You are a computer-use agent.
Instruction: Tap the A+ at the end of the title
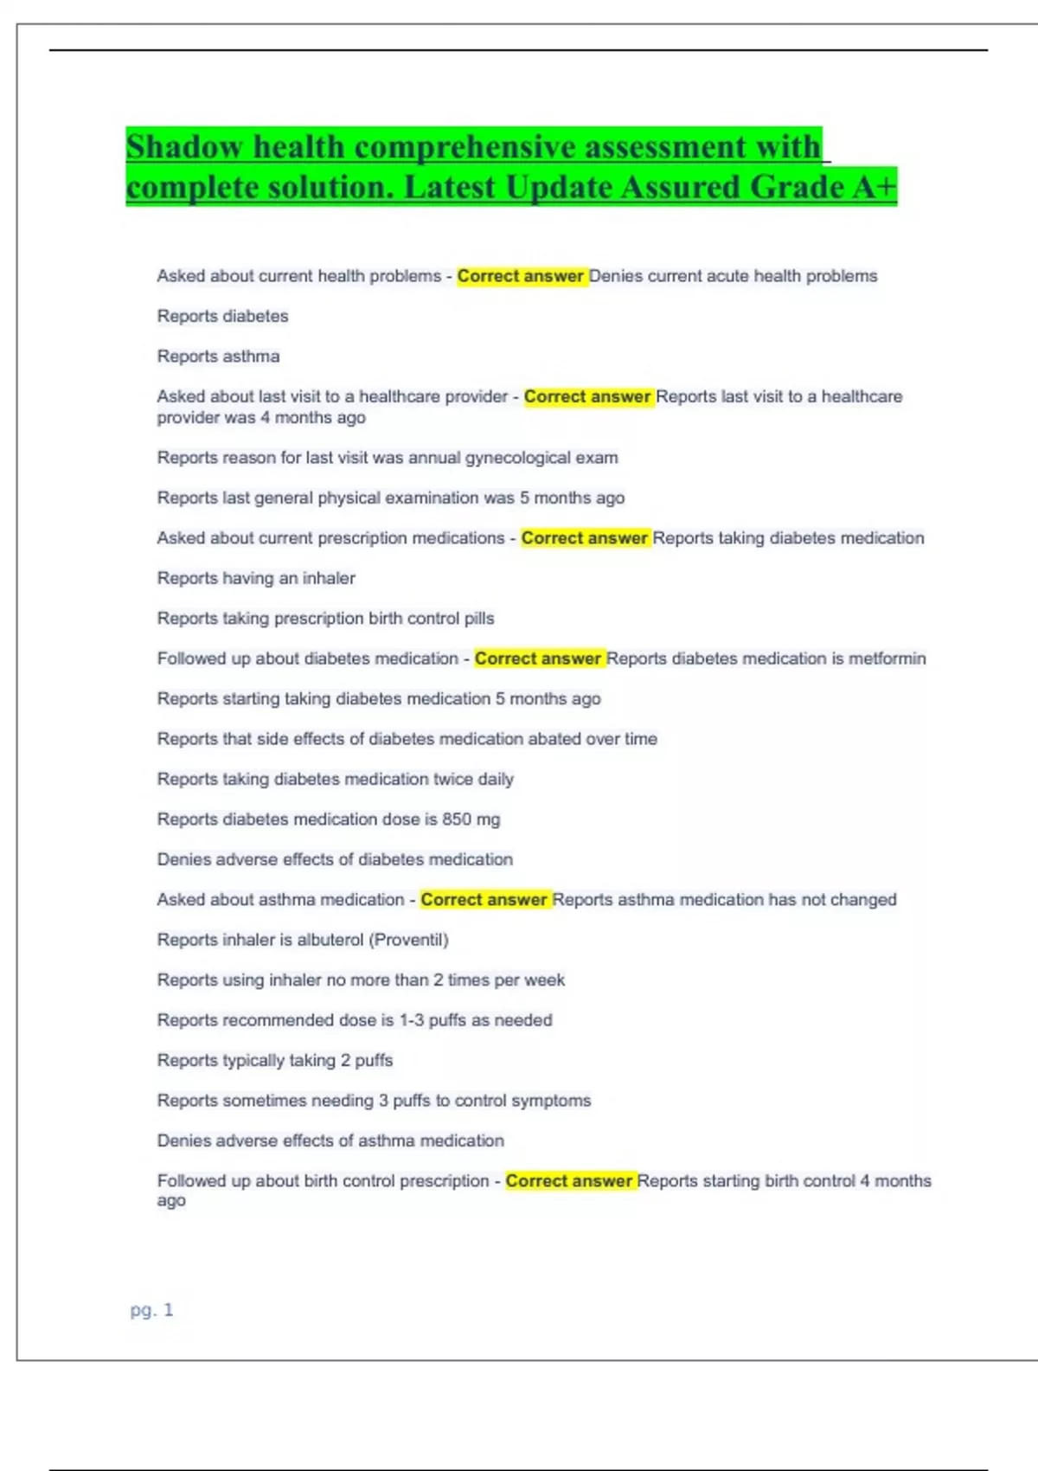(x=875, y=187)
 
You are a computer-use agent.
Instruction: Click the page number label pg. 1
(x=151, y=1310)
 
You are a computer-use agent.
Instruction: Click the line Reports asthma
(x=218, y=357)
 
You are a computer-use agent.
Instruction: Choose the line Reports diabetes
(x=222, y=317)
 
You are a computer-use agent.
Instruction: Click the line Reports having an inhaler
(x=256, y=578)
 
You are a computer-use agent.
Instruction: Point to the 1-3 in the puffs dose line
(x=411, y=1020)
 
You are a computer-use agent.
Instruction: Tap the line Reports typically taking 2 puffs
(x=275, y=1060)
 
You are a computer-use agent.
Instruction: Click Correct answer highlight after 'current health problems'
(x=521, y=276)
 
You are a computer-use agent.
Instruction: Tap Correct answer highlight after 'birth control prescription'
(x=569, y=1181)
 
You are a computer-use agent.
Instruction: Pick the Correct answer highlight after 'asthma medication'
(x=484, y=900)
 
